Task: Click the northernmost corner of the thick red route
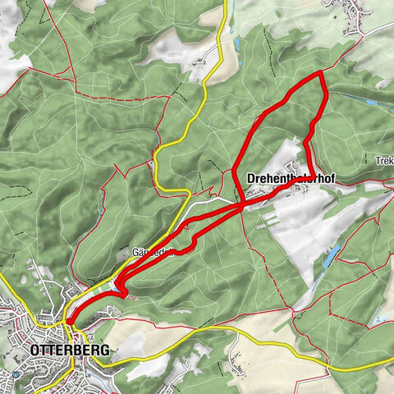pos(321,74)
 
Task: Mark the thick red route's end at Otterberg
pos(69,323)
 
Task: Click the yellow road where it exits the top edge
pos(222,3)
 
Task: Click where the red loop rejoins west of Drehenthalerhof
pos(243,205)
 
